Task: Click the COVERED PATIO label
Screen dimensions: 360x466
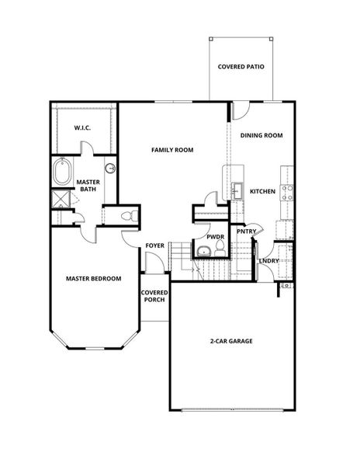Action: tap(241, 67)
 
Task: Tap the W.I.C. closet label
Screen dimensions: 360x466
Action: tap(82, 128)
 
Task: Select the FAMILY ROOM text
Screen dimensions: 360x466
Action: tap(172, 150)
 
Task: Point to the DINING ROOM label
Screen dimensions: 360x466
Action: tap(261, 135)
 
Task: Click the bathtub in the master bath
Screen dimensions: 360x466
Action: tap(62, 172)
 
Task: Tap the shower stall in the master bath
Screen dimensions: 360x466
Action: tap(61, 199)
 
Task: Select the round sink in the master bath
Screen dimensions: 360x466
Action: tap(110, 169)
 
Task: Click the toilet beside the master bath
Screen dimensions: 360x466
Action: tap(130, 215)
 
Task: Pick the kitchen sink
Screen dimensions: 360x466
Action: tap(237, 191)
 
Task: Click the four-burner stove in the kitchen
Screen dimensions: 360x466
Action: tap(287, 193)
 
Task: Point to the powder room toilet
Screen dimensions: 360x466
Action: tap(220, 249)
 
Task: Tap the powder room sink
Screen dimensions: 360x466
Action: tap(203, 252)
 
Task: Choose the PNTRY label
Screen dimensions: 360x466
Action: tap(246, 231)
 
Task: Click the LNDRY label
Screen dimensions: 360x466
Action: tap(269, 261)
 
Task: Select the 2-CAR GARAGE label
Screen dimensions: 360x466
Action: tap(231, 341)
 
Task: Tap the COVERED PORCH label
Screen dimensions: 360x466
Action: tap(154, 296)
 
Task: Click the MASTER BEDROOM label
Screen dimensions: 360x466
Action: tap(93, 279)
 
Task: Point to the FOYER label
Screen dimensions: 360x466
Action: tap(154, 245)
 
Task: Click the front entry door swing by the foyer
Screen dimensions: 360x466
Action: tap(154, 262)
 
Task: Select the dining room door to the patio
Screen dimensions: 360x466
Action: tap(241, 110)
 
